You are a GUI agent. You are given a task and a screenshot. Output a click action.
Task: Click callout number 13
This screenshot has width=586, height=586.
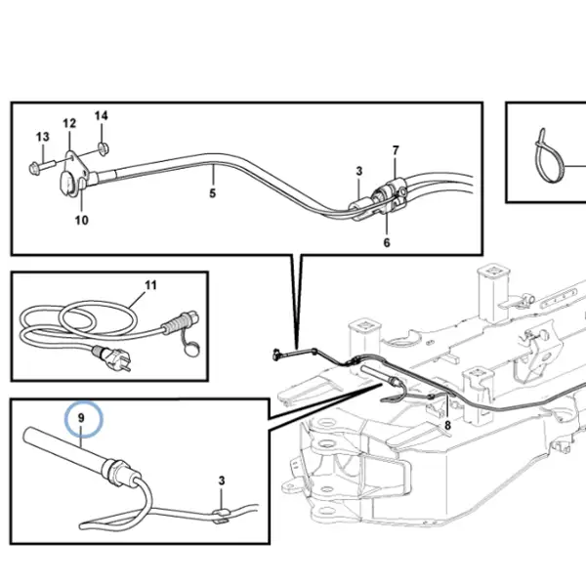(43, 137)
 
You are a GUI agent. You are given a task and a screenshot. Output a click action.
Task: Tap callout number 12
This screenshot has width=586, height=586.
(69, 123)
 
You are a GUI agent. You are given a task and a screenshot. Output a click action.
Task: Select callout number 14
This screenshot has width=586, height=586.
(102, 116)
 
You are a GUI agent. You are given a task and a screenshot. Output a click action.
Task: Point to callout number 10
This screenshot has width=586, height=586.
(82, 220)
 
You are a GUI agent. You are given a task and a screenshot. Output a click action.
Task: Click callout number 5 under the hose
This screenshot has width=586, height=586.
(212, 193)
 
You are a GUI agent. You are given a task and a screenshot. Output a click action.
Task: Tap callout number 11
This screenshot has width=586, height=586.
(150, 285)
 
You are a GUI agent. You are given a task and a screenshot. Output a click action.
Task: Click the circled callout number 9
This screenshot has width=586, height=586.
(81, 418)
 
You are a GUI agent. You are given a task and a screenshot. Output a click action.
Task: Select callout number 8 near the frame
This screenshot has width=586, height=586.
(447, 425)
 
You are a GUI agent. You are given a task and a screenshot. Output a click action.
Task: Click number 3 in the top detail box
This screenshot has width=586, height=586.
(359, 171)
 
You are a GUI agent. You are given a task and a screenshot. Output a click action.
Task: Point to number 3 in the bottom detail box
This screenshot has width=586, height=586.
(222, 481)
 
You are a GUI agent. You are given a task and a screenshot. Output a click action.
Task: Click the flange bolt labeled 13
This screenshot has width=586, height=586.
(42, 166)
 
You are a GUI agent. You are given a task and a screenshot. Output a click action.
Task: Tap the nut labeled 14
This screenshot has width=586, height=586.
(103, 148)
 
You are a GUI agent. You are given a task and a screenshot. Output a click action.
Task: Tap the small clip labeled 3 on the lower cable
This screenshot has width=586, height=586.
(221, 515)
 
